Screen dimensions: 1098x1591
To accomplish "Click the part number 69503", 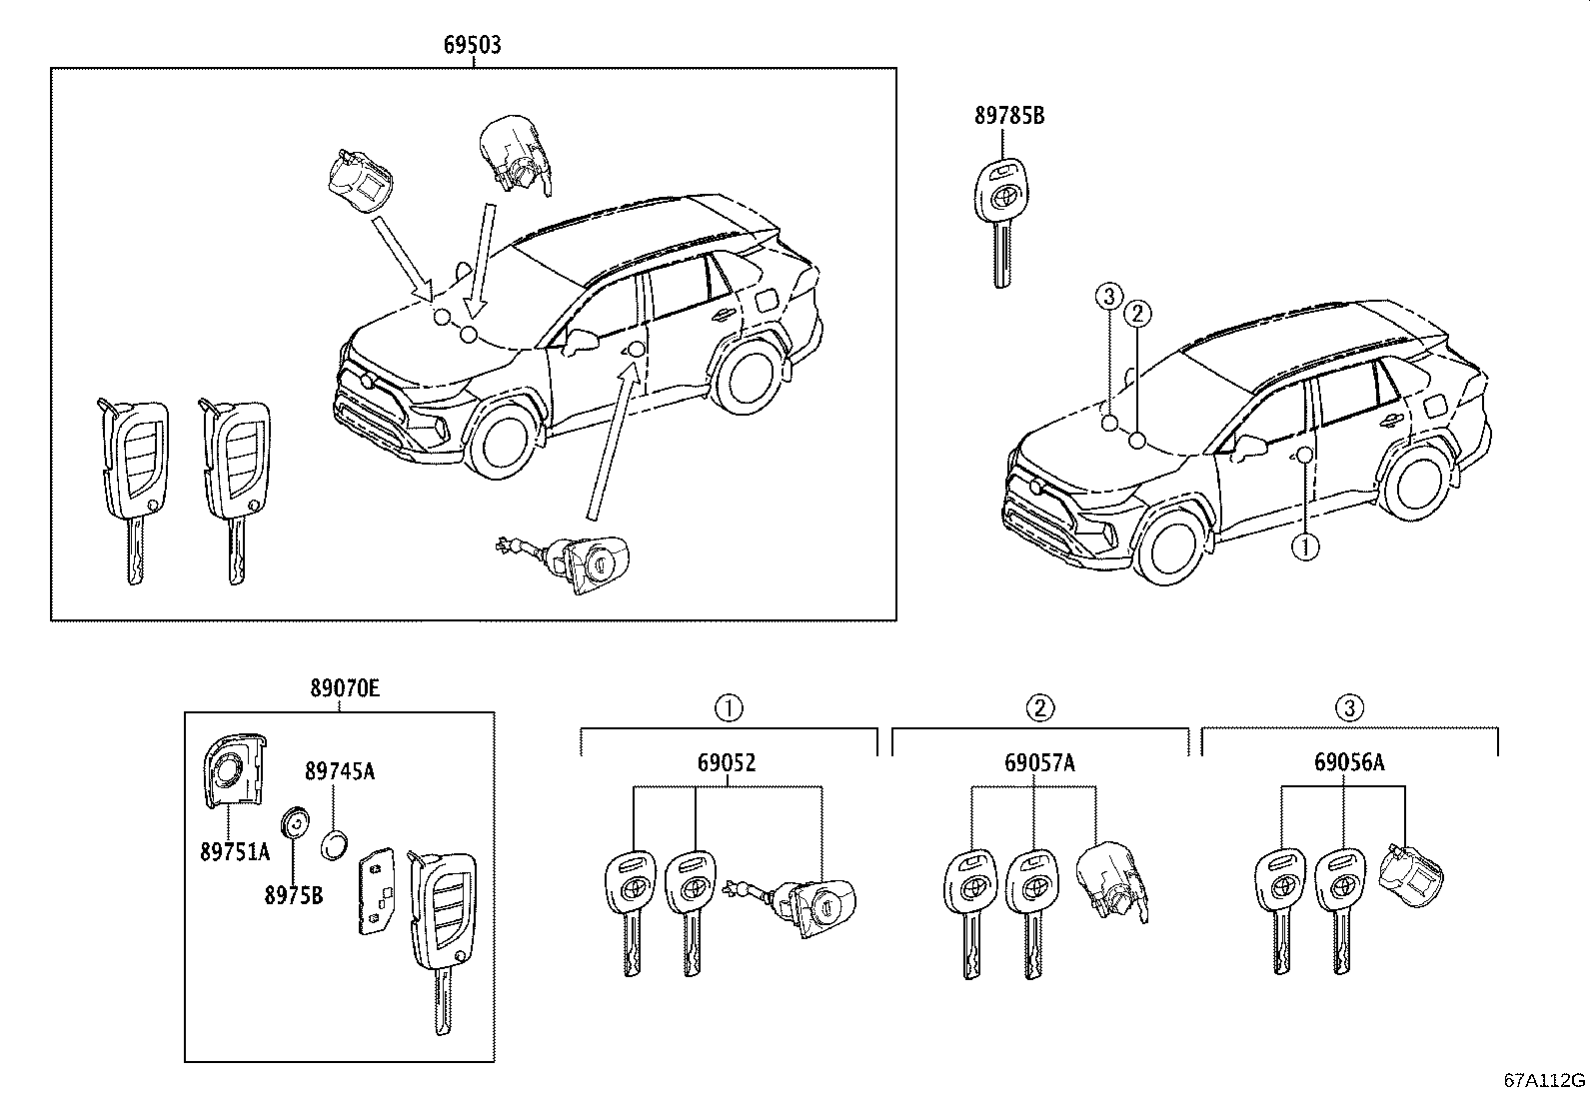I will click(x=473, y=45).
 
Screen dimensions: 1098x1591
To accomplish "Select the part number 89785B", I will click(x=1009, y=116).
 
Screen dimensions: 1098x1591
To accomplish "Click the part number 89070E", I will click(x=344, y=688).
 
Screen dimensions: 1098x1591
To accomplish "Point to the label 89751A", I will click(x=235, y=851).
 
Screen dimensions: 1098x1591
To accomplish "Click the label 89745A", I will click(x=340, y=770).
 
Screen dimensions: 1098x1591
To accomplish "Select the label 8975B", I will click(x=294, y=895).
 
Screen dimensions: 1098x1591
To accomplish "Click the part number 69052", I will click(x=727, y=763).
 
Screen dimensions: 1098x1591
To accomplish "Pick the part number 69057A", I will click(x=1039, y=763).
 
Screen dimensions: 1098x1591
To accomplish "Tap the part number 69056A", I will click(x=1348, y=763).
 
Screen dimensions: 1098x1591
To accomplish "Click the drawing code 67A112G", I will click(x=1545, y=1080).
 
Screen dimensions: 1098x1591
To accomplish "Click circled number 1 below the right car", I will click(x=1306, y=547).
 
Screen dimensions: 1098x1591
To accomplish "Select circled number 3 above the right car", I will click(x=1106, y=296).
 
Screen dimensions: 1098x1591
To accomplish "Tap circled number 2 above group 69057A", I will click(x=1039, y=708).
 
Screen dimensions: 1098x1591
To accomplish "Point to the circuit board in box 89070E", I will click(x=376, y=891).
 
